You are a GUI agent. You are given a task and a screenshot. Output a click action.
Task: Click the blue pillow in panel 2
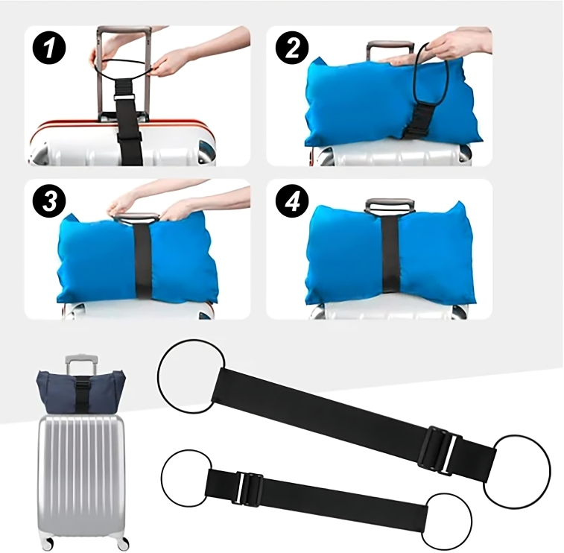[x=350, y=104]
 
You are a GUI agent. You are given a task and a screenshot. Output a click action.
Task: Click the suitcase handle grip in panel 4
[x=389, y=203]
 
